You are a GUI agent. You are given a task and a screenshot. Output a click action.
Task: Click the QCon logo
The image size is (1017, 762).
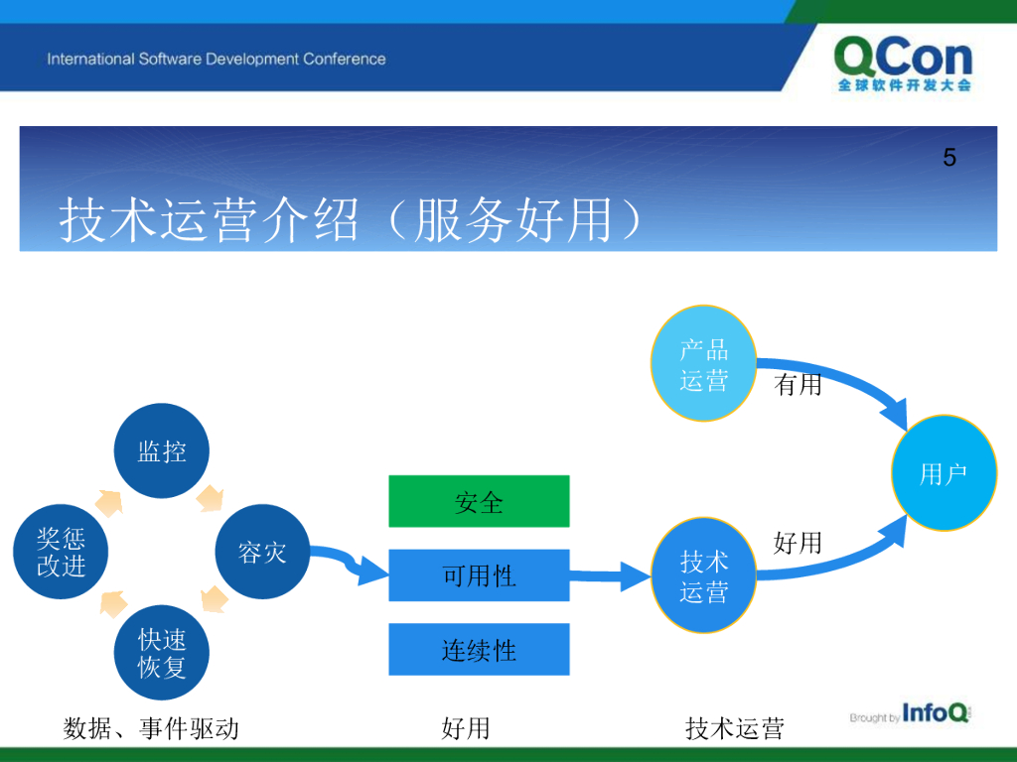904,64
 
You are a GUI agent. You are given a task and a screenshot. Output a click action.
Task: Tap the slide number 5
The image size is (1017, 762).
949,158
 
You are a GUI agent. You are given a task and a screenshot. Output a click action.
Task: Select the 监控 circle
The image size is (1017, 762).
162,451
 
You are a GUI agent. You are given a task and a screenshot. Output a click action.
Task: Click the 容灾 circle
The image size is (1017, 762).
262,552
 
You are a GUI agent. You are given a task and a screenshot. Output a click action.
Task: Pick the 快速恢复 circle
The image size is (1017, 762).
162,653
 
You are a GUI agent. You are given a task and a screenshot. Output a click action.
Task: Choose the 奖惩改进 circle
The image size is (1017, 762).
61,552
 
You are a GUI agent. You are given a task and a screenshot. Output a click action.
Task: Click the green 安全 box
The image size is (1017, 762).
480,501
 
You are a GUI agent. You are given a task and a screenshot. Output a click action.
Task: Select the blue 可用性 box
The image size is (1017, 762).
480,575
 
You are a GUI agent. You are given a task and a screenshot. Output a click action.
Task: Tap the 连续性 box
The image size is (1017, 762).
480,650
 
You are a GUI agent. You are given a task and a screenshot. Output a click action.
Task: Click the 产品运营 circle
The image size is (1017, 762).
704,363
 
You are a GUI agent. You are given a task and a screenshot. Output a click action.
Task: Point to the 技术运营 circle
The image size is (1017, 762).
704,575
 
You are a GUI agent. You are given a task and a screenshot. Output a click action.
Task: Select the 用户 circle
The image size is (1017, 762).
944,473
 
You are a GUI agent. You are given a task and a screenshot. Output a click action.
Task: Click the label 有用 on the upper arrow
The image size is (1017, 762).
798,385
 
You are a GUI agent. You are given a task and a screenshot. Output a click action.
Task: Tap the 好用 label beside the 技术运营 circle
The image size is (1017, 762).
798,543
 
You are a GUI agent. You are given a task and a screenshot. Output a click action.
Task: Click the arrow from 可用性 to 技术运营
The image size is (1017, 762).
611,575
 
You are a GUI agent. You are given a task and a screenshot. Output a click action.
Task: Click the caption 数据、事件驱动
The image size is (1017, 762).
151,728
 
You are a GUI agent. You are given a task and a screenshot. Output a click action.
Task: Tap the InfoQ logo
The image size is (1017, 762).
911,714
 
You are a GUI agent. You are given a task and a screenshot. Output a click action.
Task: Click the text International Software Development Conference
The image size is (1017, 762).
216,59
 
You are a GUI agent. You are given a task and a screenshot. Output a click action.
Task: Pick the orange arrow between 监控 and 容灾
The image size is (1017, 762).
211,499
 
